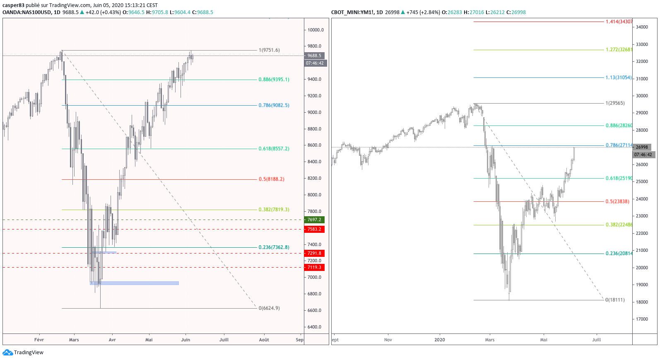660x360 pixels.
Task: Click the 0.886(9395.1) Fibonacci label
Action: pos(274,80)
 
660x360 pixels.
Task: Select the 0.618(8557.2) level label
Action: pos(274,149)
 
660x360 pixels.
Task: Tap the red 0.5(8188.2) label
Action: pos(271,179)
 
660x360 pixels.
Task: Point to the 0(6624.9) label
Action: pos(269,308)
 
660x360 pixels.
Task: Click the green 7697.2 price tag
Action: pos(314,220)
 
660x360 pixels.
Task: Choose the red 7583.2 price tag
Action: pos(314,230)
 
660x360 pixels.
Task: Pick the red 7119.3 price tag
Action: pos(314,268)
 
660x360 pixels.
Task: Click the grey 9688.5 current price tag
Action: pos(314,56)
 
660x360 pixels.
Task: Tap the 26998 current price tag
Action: pos(642,147)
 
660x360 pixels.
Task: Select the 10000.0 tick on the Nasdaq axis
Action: pos(316,30)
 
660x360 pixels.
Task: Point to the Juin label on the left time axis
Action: pos(185,340)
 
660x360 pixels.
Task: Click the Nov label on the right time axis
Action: pos(388,340)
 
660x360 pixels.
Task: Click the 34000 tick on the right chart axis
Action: pos(642,27)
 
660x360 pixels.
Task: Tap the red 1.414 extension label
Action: pos(619,22)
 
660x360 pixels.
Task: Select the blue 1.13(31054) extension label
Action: pos(619,78)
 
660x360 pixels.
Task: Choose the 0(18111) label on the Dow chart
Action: pos(615,300)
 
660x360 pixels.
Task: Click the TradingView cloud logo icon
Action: pos(7,353)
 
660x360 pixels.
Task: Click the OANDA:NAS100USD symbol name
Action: pos(27,12)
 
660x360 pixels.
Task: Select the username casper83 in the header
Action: pos(13,5)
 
